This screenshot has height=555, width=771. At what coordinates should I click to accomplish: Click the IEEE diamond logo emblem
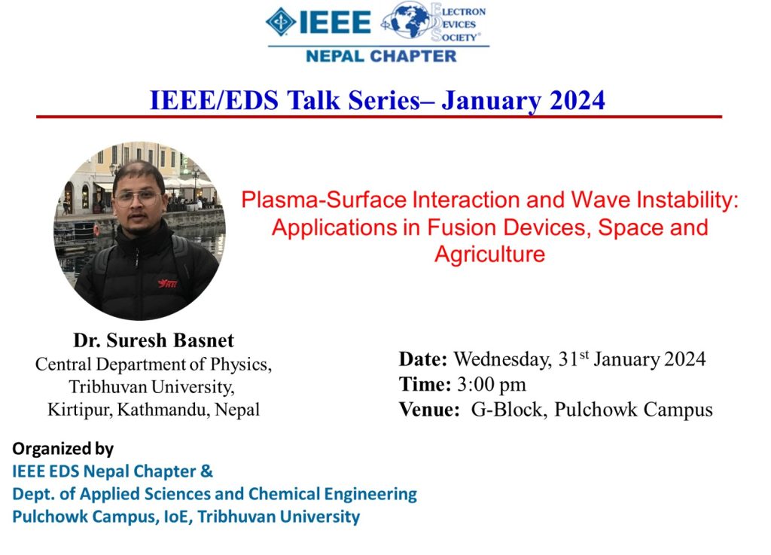click(281, 22)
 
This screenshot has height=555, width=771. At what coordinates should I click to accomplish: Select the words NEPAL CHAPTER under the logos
click(381, 56)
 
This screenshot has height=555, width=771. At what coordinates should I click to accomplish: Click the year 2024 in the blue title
click(577, 100)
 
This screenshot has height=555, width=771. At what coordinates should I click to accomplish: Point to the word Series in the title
click(384, 100)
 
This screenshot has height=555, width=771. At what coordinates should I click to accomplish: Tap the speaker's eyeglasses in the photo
click(137, 199)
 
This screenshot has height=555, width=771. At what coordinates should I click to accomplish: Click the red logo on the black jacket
click(168, 283)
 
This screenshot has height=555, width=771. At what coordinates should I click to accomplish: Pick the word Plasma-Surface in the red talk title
click(324, 200)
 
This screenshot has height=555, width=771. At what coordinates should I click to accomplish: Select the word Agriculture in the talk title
click(489, 255)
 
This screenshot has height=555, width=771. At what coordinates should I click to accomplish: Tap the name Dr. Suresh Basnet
click(154, 340)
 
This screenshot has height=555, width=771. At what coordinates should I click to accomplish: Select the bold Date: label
click(423, 359)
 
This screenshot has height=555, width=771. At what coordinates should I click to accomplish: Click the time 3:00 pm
click(491, 384)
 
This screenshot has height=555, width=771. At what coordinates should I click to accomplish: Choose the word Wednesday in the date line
click(502, 360)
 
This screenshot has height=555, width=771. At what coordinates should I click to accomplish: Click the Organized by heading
click(63, 449)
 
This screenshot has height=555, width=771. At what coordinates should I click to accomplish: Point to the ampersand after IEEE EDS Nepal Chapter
click(207, 471)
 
